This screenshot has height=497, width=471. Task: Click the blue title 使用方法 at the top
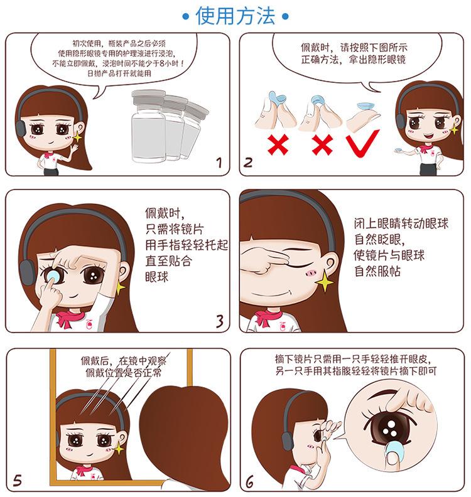(235, 16)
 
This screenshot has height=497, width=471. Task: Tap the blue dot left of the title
(186, 16)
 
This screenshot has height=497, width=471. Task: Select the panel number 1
(219, 163)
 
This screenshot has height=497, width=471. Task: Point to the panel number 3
(220, 321)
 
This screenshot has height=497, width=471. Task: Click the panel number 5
(18, 481)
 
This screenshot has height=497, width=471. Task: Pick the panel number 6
(250, 482)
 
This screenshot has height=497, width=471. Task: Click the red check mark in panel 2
(363, 144)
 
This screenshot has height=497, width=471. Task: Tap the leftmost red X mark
(278, 144)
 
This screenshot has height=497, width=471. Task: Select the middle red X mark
(322, 144)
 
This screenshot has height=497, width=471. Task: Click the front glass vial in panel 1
(149, 126)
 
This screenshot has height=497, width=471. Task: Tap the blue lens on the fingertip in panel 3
(53, 275)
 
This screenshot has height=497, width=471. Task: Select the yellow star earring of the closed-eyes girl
(324, 281)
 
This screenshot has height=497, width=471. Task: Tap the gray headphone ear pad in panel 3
(27, 272)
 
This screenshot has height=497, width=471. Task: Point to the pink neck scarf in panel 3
(70, 318)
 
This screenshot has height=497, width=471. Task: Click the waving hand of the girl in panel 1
(75, 147)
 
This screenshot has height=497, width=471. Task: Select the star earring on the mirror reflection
(118, 448)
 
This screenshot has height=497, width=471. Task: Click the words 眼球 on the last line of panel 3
(156, 277)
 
